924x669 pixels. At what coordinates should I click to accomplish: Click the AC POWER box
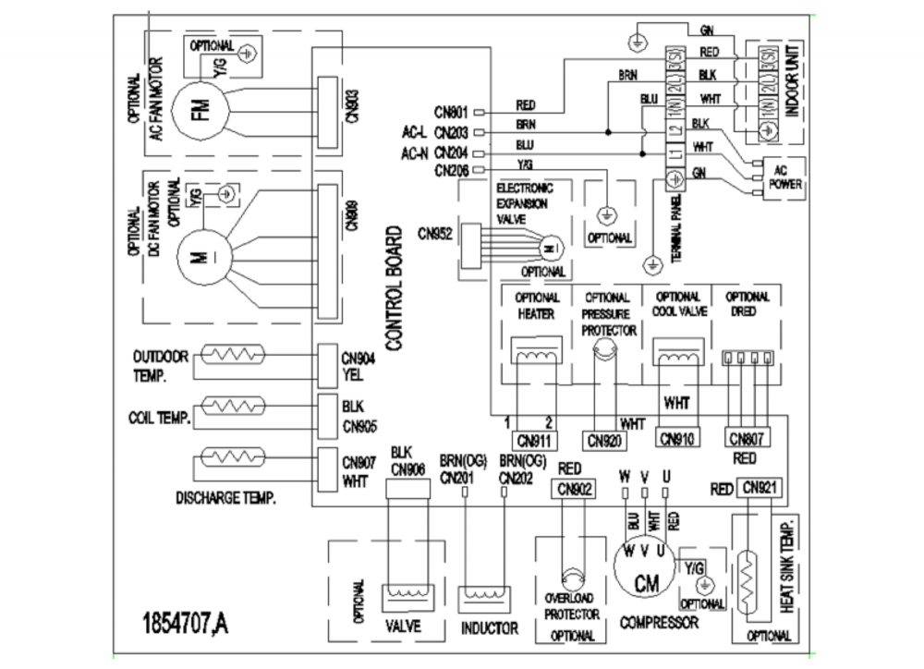point(780,175)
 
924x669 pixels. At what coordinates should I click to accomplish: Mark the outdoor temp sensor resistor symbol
point(232,356)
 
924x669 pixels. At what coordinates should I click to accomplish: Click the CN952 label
point(434,236)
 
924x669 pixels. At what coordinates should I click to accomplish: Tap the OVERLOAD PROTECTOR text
point(572,606)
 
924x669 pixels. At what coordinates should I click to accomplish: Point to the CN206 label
point(452,170)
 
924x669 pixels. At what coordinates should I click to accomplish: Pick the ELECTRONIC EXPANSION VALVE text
point(523,204)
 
